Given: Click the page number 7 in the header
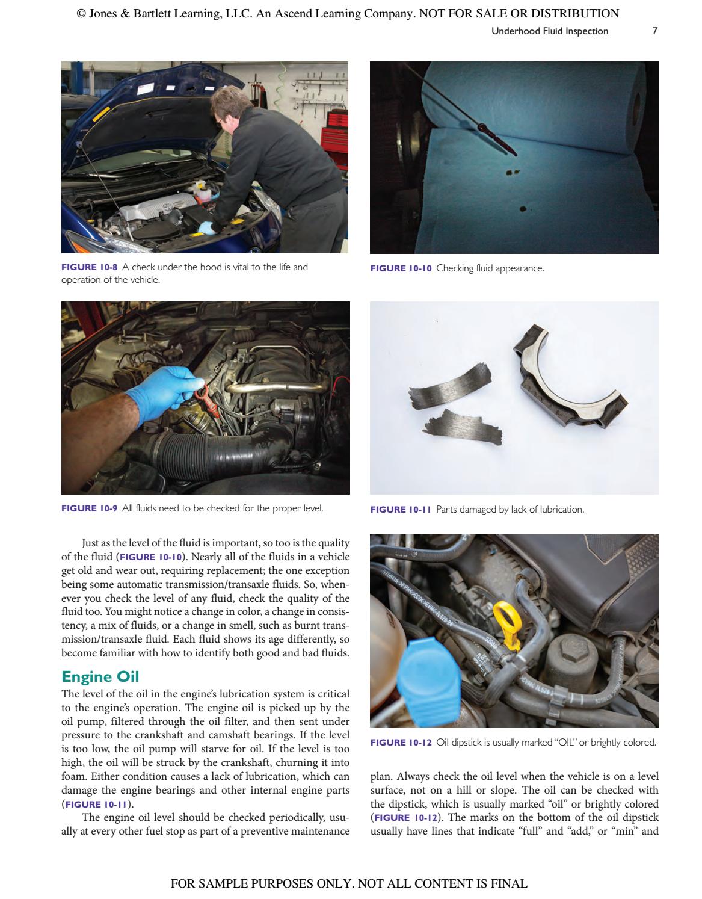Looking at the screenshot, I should coord(654,31).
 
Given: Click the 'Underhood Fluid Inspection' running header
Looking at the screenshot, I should coord(549,31).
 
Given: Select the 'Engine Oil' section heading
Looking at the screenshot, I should coord(100,676).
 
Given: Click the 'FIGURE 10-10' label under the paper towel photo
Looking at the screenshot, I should coord(401,268).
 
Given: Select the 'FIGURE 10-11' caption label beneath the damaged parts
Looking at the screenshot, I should coord(401,510).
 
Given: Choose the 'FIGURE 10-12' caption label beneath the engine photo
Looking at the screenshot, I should coord(401,743).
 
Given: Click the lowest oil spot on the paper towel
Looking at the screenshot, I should coord(522,209).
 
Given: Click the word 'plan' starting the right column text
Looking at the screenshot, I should coord(380,777).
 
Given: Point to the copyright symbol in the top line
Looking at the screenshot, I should coord(81,13).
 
